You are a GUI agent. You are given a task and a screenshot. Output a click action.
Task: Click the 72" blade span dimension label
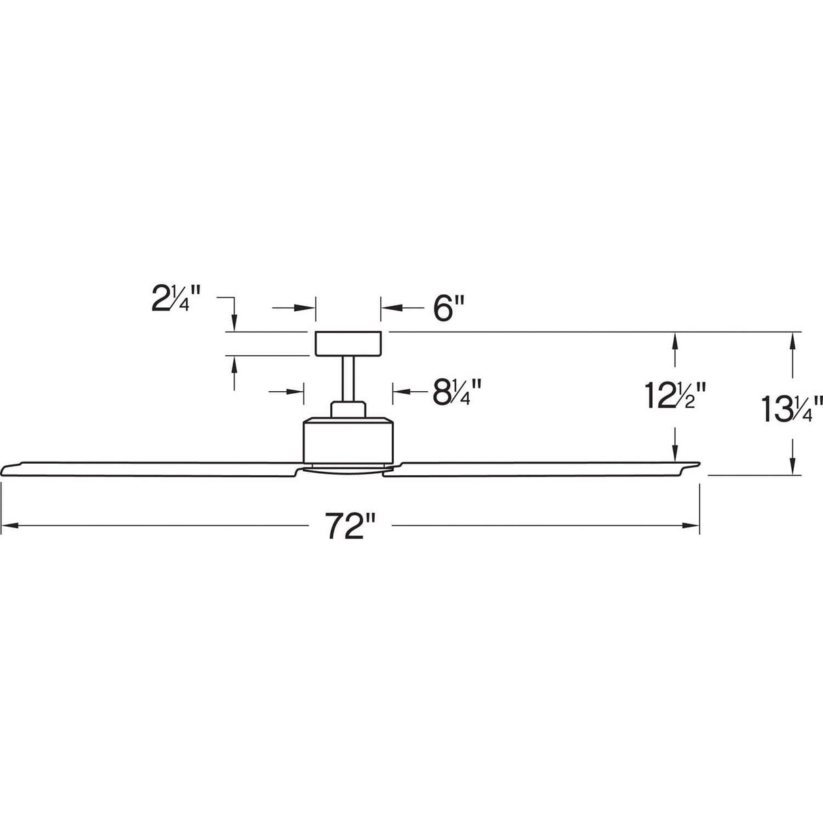(x=350, y=527)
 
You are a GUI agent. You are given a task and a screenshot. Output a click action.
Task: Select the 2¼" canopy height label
(x=176, y=298)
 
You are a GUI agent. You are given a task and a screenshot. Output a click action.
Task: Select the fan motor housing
(x=348, y=441)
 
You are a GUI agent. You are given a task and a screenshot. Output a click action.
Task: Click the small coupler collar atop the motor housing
(x=348, y=409)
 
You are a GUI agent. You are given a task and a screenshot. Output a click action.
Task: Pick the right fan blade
(x=542, y=468)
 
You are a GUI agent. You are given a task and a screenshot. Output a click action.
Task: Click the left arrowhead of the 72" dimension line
(x=8, y=525)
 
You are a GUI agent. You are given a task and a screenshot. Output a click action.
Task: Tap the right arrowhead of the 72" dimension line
(x=692, y=525)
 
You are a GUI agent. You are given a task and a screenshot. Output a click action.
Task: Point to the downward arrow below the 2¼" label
(x=235, y=321)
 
